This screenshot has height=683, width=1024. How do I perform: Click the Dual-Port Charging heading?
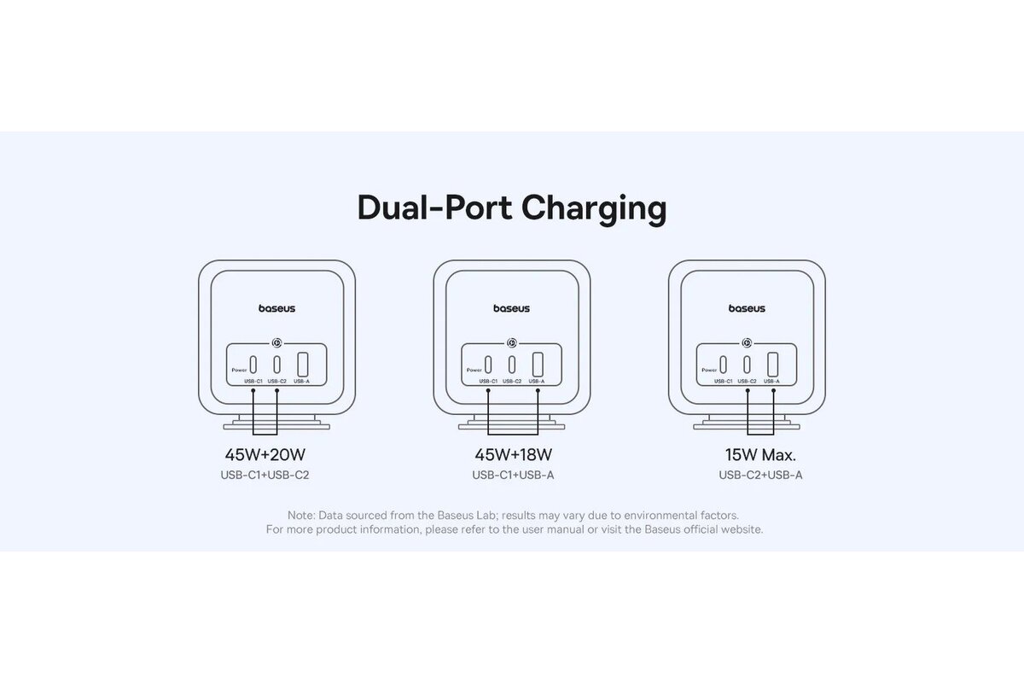pos(512,208)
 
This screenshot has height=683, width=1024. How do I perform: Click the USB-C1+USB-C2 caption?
pos(265,475)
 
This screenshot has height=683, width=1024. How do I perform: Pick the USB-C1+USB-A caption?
pos(513,475)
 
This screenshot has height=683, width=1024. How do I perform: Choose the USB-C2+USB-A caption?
pos(760,475)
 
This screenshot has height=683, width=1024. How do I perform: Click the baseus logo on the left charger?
pos(276,308)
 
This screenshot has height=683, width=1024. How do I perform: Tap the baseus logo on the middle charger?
pos(511,308)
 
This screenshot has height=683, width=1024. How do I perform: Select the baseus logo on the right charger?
pos(747,308)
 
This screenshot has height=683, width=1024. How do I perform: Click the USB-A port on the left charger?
pos(302,363)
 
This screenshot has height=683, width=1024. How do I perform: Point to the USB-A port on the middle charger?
pos(537,363)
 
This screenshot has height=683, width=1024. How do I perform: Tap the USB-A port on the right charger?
pos(772,363)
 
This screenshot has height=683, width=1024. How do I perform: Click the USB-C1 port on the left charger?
pos(253,362)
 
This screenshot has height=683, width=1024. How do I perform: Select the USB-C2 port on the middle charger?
pos(511,362)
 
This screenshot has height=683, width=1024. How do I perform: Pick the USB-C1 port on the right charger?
pos(724,362)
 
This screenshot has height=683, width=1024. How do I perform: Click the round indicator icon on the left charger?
pos(276,342)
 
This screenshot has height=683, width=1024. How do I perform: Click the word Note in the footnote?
pos(300,516)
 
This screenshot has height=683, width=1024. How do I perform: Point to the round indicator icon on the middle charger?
pos(511,342)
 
